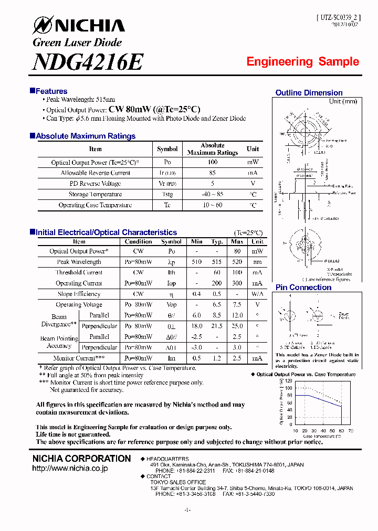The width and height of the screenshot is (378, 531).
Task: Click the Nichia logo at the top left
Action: click(x=79, y=25)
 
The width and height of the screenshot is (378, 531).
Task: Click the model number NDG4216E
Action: click(x=87, y=62)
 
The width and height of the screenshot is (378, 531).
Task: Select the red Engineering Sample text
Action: click(x=302, y=62)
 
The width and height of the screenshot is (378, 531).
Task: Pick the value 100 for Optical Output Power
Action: click(x=213, y=162)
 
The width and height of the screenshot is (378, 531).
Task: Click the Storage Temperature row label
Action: click(x=95, y=194)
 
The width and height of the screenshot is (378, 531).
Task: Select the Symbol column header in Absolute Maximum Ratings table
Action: click(x=167, y=149)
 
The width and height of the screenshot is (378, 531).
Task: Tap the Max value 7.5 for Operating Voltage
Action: click(x=237, y=304)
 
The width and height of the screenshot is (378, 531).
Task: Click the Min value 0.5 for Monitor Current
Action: click(x=197, y=358)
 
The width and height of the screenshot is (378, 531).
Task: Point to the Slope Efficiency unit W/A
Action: click(x=257, y=294)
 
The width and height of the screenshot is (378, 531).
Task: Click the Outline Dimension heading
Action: click(x=309, y=93)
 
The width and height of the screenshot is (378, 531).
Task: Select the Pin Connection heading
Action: click(x=303, y=288)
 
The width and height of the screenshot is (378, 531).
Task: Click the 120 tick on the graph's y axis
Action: click(x=289, y=380)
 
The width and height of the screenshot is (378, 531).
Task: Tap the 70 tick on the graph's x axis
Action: click(x=351, y=430)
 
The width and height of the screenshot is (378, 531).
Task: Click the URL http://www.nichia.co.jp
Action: click(x=70, y=468)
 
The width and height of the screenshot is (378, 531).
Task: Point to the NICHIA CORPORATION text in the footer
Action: click(x=81, y=459)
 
